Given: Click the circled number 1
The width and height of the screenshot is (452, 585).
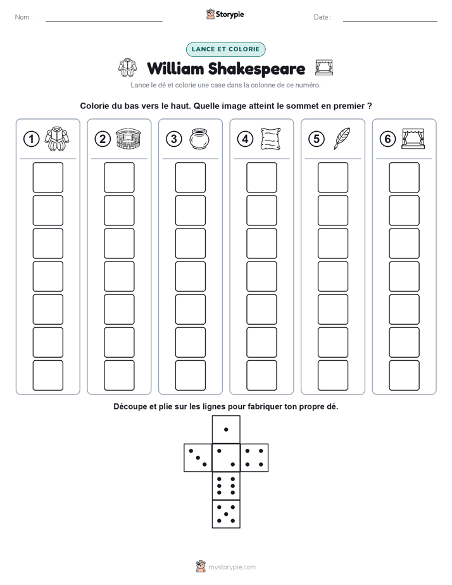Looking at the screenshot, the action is pos(31,139).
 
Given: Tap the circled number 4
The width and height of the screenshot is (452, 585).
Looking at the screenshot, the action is pos(245,139).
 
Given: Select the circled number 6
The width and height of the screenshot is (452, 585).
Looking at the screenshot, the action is pos(387,139).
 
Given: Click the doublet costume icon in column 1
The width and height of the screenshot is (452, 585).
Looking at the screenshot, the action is pos(57,139).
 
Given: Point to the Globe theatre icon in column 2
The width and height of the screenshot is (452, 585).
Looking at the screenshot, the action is pos(129,139).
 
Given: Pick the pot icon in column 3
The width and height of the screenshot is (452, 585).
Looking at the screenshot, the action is pos(199,139).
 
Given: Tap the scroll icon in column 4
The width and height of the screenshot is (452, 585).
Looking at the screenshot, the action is pos(271,139).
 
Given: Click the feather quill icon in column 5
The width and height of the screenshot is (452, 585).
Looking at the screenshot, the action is pos(342,139).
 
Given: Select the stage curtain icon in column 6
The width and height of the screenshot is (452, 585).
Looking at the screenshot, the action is pos(413,139).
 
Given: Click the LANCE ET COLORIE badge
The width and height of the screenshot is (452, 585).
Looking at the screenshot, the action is pos(225,49).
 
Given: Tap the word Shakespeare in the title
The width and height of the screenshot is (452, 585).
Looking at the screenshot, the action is pos(256,68).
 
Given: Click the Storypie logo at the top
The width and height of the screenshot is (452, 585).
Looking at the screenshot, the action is pos(225,14).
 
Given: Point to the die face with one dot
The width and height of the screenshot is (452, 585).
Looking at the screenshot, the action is pos(226,429).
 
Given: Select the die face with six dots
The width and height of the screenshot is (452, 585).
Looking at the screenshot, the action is pos(226,486).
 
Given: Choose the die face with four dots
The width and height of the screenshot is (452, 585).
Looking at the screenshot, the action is pos(254,457).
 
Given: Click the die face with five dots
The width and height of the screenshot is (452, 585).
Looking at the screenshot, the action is pos(226,514).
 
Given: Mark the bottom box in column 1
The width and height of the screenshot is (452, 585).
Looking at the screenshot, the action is pos(47,375).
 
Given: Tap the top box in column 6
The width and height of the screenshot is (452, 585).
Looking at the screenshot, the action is pos(405,177).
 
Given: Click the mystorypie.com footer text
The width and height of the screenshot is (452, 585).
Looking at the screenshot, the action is pos(232,567).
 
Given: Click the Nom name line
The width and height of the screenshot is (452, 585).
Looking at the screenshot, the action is pos(104,21).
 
